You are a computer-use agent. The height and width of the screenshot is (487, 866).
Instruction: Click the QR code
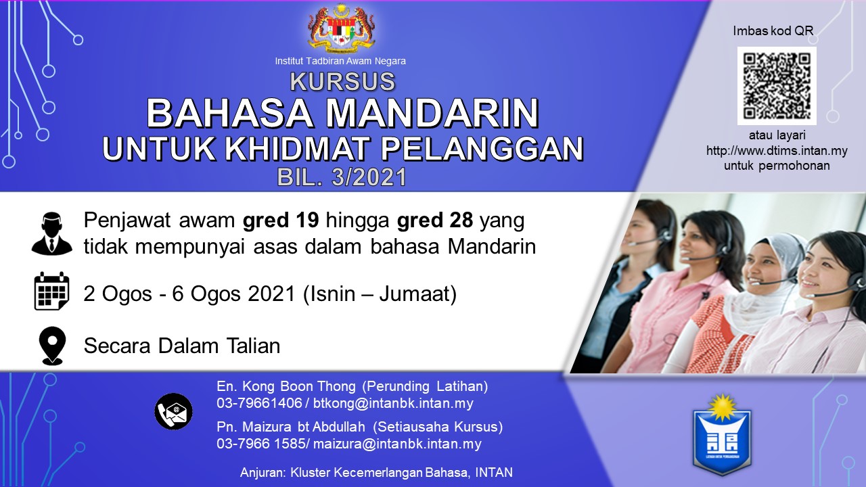[777, 86]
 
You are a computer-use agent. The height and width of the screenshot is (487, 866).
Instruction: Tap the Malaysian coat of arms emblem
[341, 28]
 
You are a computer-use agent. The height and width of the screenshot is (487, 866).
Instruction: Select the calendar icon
[52, 291]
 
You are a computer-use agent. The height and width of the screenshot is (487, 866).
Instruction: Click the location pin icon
[53, 346]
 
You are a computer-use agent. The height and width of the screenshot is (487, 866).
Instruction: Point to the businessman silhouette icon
[52, 233]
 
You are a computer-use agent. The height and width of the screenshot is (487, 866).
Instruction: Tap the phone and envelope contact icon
[174, 412]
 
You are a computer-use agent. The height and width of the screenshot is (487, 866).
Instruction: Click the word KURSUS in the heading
[342, 81]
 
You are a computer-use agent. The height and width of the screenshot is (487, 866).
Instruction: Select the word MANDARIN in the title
[432, 113]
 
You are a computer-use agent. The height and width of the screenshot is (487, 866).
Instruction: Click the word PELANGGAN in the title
[482, 148]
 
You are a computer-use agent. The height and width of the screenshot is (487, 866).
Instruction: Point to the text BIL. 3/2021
[342, 177]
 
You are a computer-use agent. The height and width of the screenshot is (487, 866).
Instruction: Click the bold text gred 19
[281, 221]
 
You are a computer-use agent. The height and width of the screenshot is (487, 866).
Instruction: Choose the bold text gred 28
[435, 221]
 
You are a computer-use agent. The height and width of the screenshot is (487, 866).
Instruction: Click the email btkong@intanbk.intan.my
[393, 403]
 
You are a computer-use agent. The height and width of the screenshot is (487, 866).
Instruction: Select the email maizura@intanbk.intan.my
[397, 443]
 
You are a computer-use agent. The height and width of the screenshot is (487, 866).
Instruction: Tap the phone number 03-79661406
[259, 403]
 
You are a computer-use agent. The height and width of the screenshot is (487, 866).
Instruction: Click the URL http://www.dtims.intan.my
[777, 150]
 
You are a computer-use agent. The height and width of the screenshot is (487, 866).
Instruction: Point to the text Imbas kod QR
[773, 30]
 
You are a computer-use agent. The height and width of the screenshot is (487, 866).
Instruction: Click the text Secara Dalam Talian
[182, 346]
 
